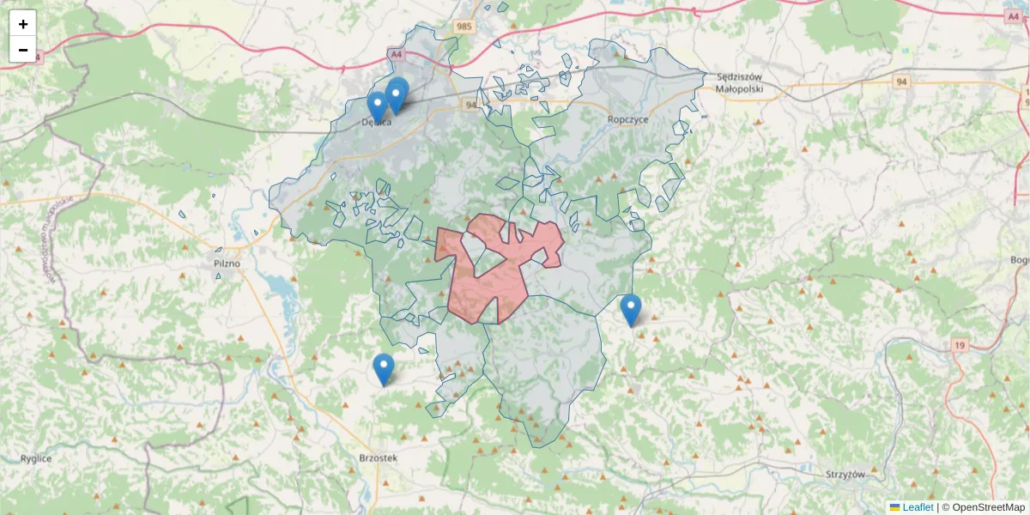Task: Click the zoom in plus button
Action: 23,24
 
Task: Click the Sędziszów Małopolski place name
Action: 739,82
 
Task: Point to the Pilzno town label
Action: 227,264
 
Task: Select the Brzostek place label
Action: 378,458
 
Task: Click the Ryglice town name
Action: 37,458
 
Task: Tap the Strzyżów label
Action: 845,474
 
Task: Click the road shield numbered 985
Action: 464,27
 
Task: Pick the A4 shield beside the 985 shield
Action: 396,54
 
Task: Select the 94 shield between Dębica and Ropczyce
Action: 470,105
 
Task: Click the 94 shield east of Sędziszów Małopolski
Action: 900,82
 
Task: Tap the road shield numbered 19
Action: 960,345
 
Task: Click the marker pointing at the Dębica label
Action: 377,107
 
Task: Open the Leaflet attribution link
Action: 917,507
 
